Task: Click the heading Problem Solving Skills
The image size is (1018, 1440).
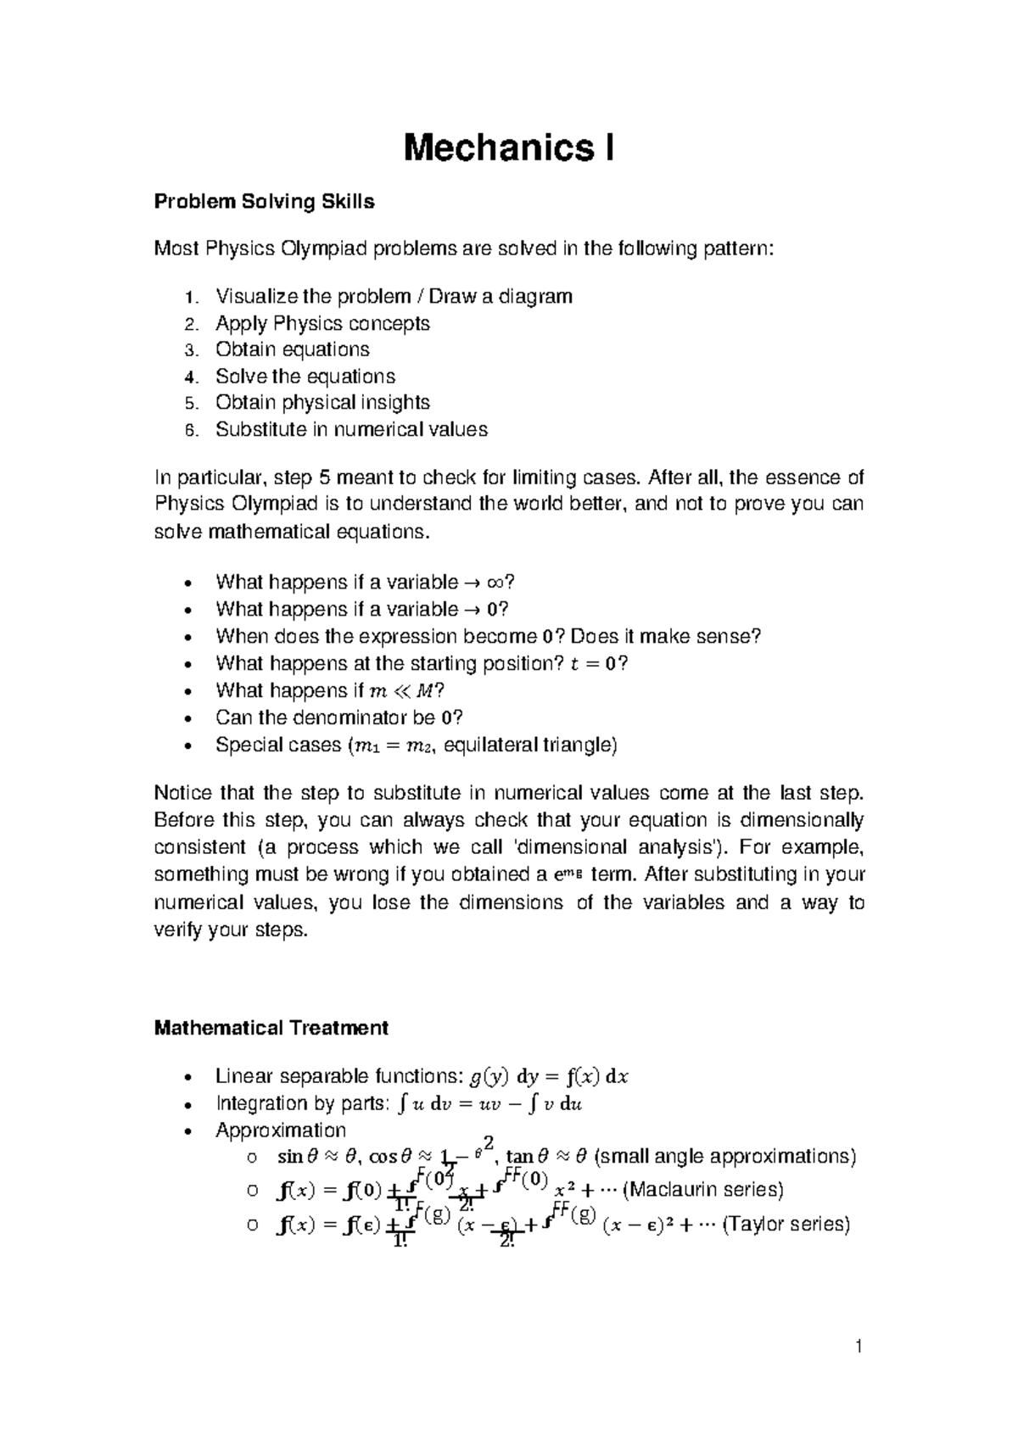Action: [x=264, y=202]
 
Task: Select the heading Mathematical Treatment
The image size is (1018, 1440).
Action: [x=271, y=1028]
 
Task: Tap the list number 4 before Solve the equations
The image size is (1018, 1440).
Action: [x=190, y=377]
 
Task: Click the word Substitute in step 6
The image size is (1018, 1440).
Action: [x=260, y=429]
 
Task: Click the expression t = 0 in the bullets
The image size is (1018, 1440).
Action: [x=595, y=663]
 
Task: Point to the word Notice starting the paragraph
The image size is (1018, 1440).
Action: [x=180, y=794]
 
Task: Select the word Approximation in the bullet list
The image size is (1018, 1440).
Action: [x=281, y=1130]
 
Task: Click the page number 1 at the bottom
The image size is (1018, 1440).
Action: [x=859, y=1346]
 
